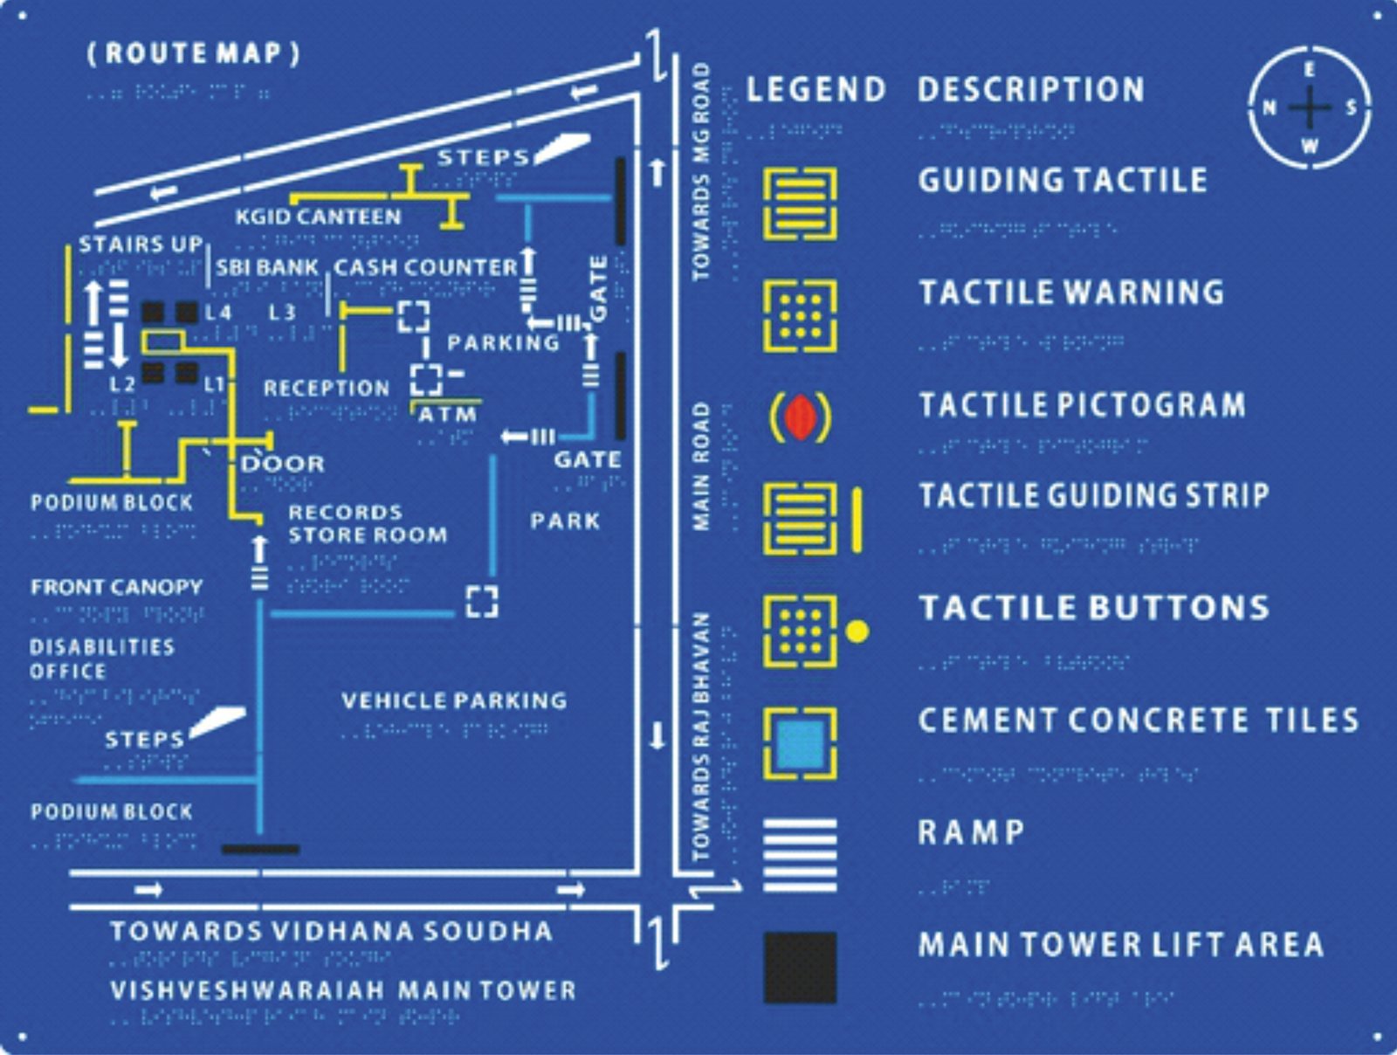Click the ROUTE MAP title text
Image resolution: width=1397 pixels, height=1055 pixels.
coord(193,53)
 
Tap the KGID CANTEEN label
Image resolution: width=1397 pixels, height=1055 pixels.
coord(318,217)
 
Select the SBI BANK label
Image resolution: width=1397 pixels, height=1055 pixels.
coord(267,267)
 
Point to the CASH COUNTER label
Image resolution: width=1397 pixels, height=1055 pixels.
coord(426,267)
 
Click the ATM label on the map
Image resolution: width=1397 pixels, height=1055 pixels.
coord(447,415)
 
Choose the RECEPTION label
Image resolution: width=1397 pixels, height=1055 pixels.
coord(327,388)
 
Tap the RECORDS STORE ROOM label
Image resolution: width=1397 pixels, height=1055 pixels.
coord(367,523)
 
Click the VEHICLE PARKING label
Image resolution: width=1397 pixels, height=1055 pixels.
coord(454,700)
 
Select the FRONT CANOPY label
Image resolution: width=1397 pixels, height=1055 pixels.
coord(117,587)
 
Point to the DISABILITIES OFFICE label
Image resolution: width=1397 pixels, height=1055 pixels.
coord(102,659)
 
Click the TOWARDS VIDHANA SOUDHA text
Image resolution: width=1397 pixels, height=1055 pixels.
coord(332,931)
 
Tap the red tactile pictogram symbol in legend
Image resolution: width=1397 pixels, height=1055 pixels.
coord(800,417)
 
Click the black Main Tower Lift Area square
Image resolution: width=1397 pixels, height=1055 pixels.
coord(800,968)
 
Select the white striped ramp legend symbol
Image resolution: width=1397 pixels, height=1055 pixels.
coord(800,855)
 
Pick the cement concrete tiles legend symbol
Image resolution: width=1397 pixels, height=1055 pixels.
coord(800,743)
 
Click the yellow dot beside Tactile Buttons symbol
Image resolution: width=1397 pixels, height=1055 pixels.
coord(857,631)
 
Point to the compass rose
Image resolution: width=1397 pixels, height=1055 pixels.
coord(1309,107)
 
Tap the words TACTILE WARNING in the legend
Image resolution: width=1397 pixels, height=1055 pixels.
coord(1071,293)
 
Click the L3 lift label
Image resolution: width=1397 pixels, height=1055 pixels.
coord(281,312)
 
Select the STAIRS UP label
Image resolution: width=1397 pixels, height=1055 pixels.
coord(141,244)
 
